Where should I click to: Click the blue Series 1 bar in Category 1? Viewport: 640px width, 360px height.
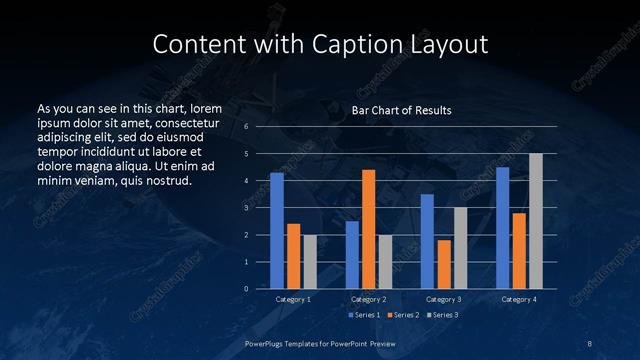pyautogui.click(x=277, y=231)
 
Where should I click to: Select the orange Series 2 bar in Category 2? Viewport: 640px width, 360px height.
pyautogui.click(x=368, y=229)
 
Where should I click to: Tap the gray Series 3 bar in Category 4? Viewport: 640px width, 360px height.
pyautogui.click(x=536, y=221)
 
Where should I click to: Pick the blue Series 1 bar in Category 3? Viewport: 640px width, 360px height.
pyautogui.click(x=427, y=241)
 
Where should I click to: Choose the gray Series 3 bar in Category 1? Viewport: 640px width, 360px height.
pyautogui.click(x=309, y=262)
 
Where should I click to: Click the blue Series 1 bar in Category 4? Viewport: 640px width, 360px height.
pyautogui.click(x=503, y=228)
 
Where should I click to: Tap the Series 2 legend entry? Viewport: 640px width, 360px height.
pyautogui.click(x=404, y=315)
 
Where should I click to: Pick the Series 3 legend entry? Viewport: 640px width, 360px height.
pyautogui.click(x=441, y=315)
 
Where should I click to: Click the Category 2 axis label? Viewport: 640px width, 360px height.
pyautogui.click(x=368, y=299)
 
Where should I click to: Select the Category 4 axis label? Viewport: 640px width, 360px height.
pyautogui.click(x=519, y=299)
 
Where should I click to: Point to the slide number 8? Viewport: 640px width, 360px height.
pyautogui.click(x=590, y=342)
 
